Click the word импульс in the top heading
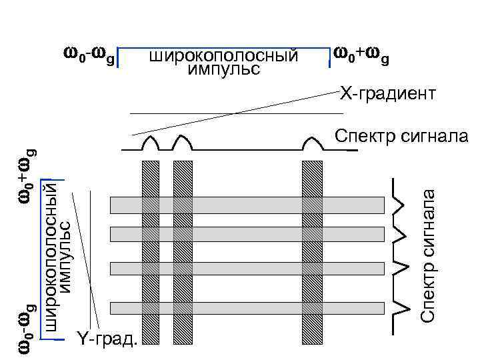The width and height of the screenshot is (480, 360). (224, 69)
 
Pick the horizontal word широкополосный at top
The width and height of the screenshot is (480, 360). (223, 55)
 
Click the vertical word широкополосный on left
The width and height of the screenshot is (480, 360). (49, 257)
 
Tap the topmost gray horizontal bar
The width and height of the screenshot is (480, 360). (247, 204)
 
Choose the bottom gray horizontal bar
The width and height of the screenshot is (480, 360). (247, 308)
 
